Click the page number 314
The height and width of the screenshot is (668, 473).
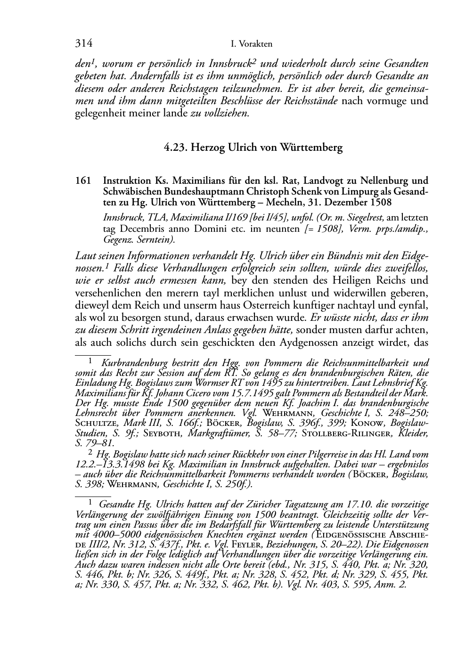click(83, 44)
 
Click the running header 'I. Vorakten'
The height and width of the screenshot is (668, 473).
click(252, 44)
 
